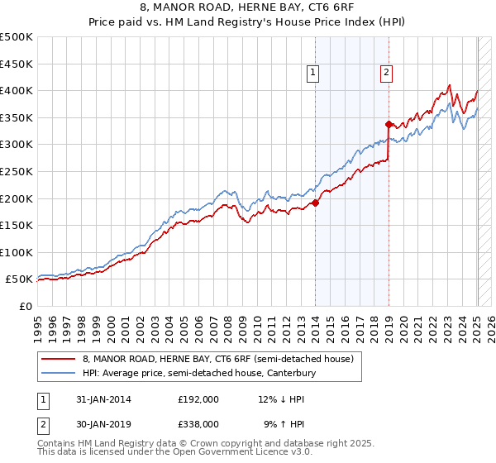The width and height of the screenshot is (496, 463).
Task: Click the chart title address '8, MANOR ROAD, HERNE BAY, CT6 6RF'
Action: click(248, 9)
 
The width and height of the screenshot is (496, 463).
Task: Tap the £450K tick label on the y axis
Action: click(17, 64)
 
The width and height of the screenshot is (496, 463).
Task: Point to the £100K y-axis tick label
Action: click(17, 252)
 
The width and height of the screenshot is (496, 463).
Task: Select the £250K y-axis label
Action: click(17, 171)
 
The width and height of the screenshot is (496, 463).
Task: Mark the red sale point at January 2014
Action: click(315, 203)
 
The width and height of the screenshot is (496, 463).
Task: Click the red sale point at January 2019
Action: click(388, 124)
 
